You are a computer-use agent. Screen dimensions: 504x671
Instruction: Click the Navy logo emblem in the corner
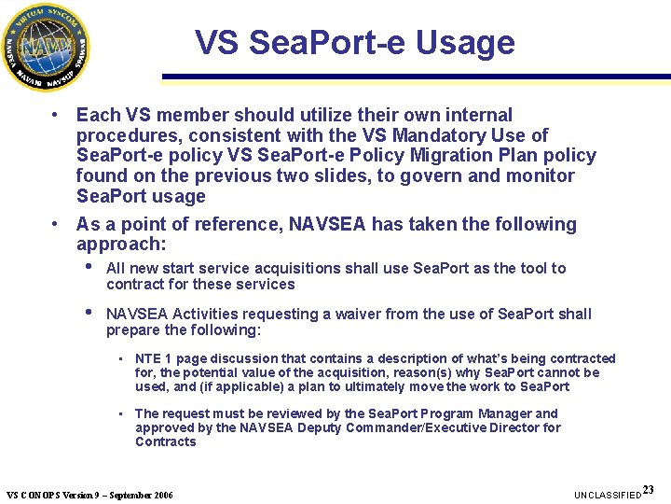point(46,46)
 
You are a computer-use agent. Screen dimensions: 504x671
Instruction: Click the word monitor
point(538,176)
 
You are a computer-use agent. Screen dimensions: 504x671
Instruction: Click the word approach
point(118,245)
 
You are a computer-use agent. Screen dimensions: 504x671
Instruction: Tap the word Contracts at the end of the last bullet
point(166,441)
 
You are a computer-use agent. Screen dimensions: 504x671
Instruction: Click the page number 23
point(649,489)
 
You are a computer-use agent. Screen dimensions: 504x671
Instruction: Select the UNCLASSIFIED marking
point(607,494)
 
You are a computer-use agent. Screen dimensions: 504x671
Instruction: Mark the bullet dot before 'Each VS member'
point(58,115)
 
